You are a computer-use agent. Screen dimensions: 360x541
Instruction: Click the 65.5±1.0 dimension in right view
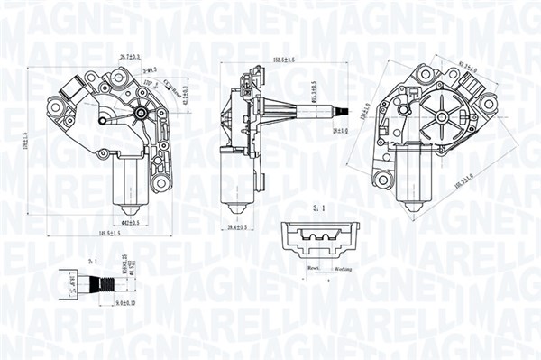(x=467, y=67)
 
